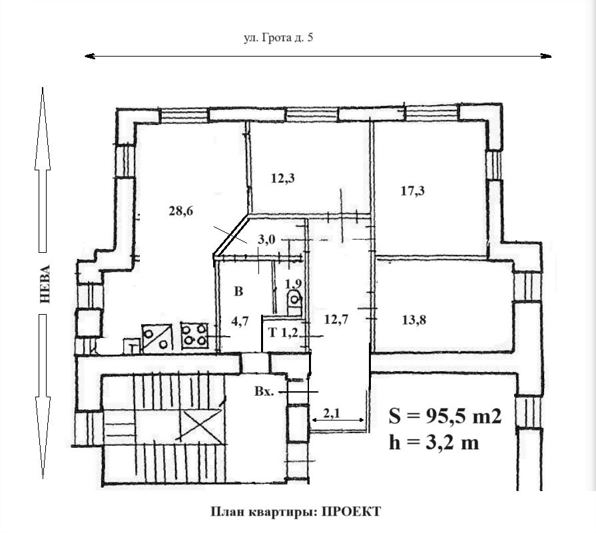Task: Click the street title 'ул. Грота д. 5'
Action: coord(278,38)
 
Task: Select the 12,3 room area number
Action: coord(283,178)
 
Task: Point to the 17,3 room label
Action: coord(413,191)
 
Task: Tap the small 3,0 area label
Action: coord(267,240)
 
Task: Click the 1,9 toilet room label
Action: coord(294,284)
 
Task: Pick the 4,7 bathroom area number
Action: coord(240,320)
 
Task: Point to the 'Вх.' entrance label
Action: coord(264,392)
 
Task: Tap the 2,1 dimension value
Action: coord(332,413)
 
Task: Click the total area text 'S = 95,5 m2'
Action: coord(445,417)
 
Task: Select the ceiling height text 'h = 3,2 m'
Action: coord(434,443)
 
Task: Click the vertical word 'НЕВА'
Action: coord(45,284)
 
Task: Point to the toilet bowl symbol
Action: coord(294,304)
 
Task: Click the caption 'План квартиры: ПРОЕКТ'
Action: coord(296,512)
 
